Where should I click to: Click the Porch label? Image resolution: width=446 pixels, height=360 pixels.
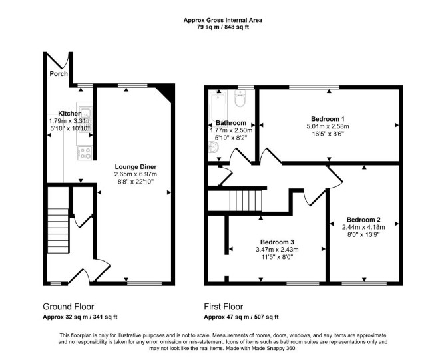(x=59, y=74)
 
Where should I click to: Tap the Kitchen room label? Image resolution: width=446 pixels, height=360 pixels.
(x=70, y=114)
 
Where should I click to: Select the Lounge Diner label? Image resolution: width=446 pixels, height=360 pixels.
(x=136, y=167)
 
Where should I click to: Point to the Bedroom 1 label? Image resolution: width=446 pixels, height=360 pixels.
(x=325, y=119)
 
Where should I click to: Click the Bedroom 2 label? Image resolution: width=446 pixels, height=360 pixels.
(x=363, y=220)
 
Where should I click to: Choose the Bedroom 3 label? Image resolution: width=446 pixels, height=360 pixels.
(x=277, y=242)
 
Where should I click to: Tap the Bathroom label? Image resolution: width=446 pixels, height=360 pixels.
(x=231, y=123)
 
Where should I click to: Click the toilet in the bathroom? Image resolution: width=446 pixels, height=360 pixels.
(x=240, y=98)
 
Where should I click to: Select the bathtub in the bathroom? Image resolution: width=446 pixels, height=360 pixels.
(x=218, y=106)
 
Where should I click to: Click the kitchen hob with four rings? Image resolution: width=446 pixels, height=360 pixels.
(x=85, y=153)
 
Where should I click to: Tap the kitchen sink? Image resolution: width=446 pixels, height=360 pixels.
(x=85, y=113)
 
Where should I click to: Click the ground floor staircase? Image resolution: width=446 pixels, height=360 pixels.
(x=58, y=231)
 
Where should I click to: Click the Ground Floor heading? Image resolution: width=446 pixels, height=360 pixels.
(x=69, y=307)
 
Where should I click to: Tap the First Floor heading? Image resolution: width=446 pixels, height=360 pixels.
(x=224, y=307)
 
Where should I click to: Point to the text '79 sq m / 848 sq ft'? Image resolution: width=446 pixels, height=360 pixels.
(x=223, y=27)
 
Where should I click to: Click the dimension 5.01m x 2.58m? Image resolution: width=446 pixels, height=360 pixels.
(x=328, y=126)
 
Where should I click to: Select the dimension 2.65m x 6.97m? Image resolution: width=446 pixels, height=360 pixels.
(x=136, y=174)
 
